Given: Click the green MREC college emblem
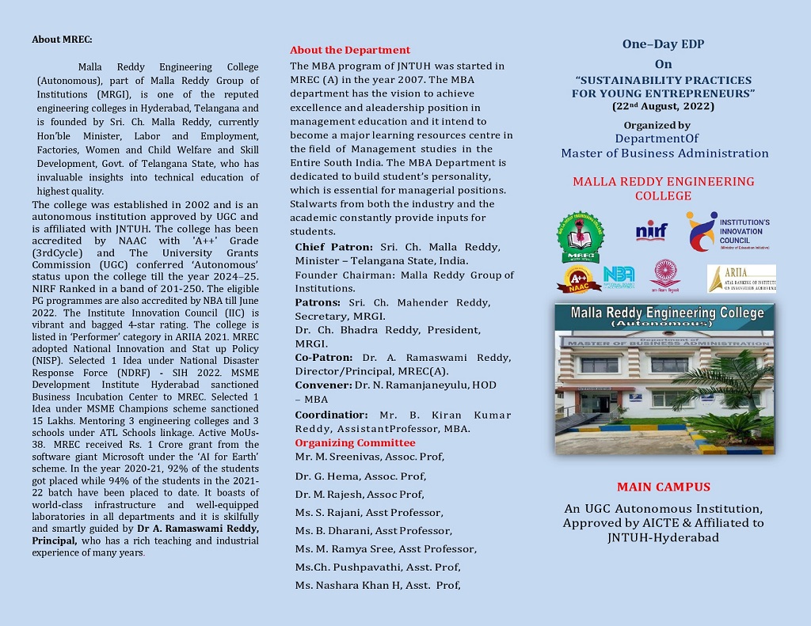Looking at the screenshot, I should (579, 236).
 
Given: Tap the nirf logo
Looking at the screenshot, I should (651, 230).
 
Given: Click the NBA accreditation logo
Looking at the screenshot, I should (619, 277).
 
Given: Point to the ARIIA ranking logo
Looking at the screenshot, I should (741, 279).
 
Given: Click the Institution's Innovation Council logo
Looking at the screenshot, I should (728, 231).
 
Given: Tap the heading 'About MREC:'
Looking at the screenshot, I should (62, 39).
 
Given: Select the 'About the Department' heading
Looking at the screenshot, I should (349, 50).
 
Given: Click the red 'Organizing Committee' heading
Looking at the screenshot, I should (355, 442).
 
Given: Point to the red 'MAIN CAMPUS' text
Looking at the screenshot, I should (663, 487).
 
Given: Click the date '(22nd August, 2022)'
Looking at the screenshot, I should (663, 106).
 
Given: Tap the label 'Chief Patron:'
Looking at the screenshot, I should (333, 247).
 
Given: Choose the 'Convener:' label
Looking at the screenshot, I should (323, 385).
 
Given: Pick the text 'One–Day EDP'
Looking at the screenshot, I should (663, 44).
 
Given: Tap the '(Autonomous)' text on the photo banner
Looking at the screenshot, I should (664, 324).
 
